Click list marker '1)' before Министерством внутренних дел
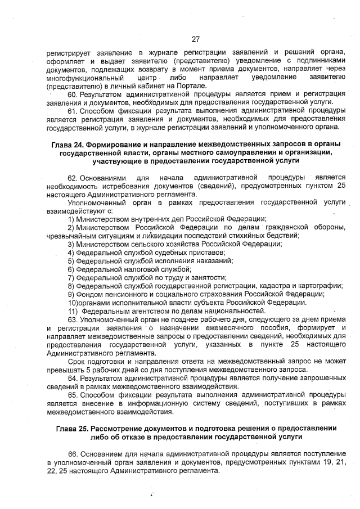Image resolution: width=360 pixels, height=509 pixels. coord(71,219)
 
